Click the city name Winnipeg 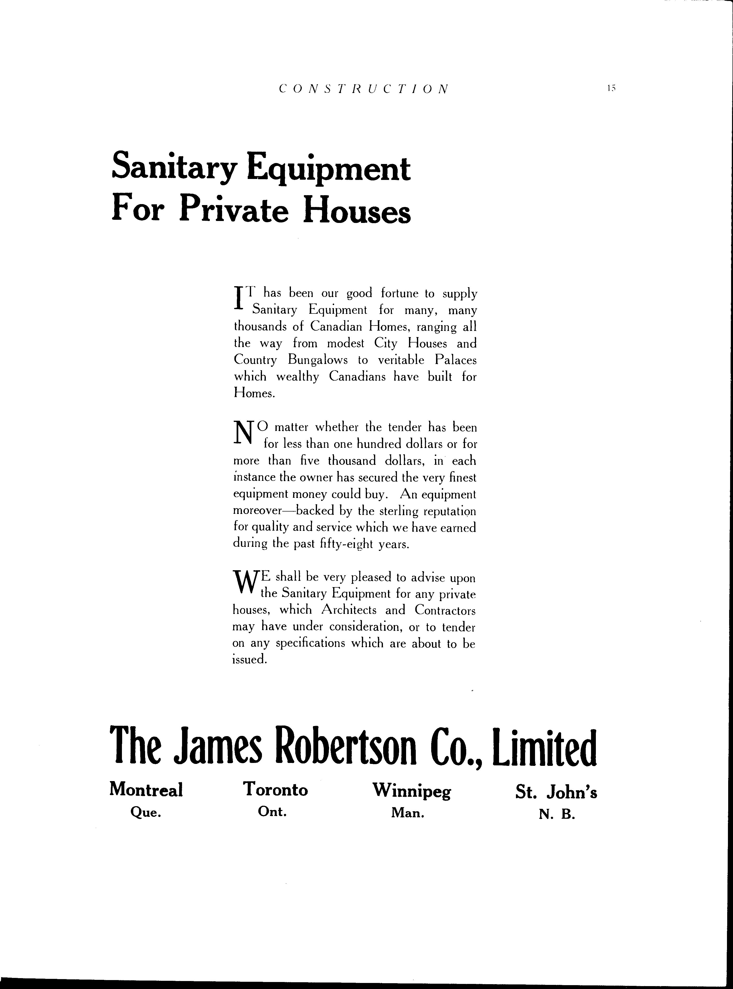[x=411, y=790]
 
